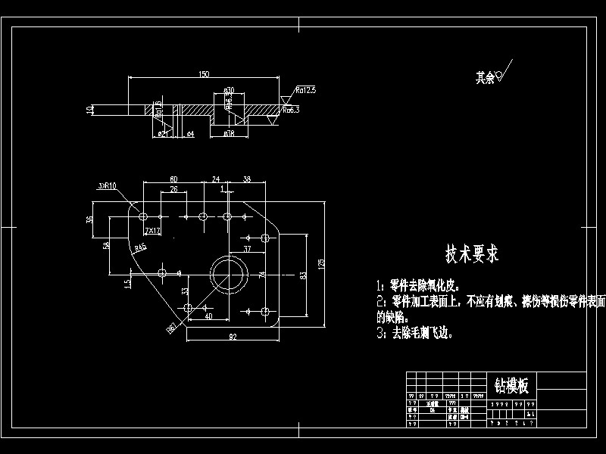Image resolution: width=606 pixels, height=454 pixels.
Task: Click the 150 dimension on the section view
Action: (x=203, y=74)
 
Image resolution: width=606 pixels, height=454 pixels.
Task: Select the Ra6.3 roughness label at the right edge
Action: (x=291, y=110)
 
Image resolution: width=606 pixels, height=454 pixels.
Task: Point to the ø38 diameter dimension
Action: (x=228, y=133)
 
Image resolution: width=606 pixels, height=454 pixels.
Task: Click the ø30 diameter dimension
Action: (x=228, y=92)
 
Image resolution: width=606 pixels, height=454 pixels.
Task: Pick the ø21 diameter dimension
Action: (x=163, y=133)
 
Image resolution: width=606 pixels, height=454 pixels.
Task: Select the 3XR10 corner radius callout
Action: (x=107, y=185)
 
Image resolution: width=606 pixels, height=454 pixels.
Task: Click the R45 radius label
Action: (x=140, y=247)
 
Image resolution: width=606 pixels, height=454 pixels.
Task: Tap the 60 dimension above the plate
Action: (x=173, y=179)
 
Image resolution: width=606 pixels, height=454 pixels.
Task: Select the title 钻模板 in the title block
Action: (x=512, y=385)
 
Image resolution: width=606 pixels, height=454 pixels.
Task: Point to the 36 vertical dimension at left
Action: (x=89, y=220)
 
